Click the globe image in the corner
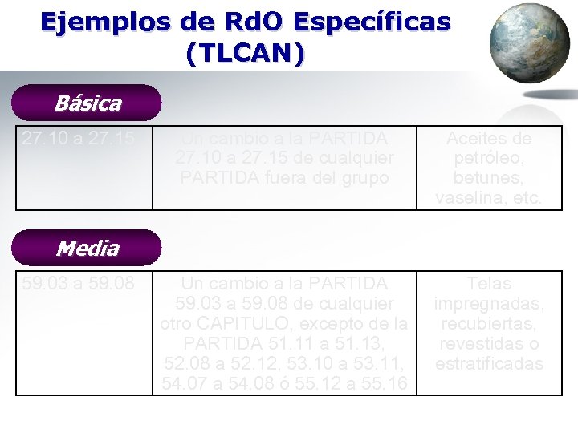[x=528, y=43]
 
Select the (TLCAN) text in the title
[x=245, y=53]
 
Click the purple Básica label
[x=88, y=103]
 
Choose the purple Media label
[x=88, y=249]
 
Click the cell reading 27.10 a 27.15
[x=78, y=138]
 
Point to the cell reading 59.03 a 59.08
[x=78, y=283]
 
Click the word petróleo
[x=488, y=158]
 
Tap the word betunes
[x=488, y=177]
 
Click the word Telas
[x=488, y=284]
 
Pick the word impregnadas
[x=488, y=304]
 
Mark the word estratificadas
[x=488, y=363]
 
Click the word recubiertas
[x=488, y=324]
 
